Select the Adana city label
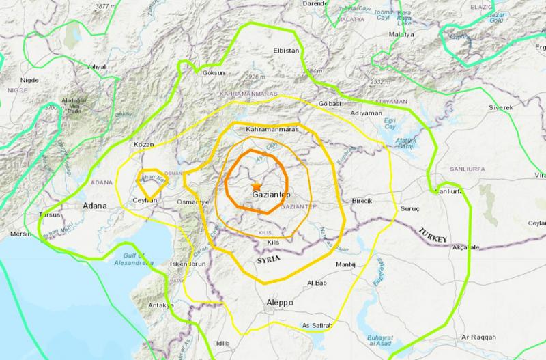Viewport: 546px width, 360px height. pyautogui.click(x=94, y=205)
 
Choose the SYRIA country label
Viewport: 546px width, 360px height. pyautogui.click(x=270, y=261)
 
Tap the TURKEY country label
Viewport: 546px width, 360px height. pyautogui.click(x=432, y=234)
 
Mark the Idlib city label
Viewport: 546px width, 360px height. pyautogui.click(x=223, y=343)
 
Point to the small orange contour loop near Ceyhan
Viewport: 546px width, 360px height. pyautogui.click(x=149, y=178)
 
